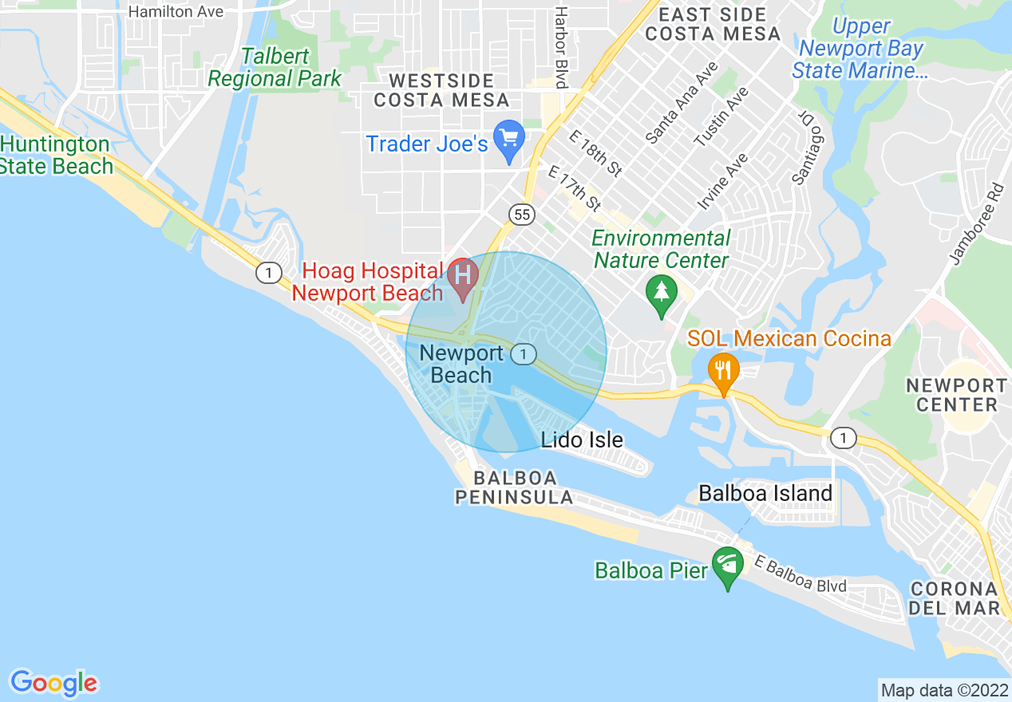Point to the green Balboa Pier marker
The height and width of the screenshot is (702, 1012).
click(x=727, y=566)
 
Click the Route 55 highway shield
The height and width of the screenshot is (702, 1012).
click(x=522, y=214)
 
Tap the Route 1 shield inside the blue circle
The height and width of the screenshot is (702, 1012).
click(x=524, y=354)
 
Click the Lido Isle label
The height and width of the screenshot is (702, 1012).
click(x=582, y=440)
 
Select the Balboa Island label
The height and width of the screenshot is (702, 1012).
click(x=765, y=494)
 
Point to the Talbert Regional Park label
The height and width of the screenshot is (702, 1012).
click(x=274, y=68)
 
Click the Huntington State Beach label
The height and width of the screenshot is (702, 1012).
click(x=55, y=156)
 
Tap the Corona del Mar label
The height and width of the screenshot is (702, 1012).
click(x=954, y=598)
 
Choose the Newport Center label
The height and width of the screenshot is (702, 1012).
click(x=956, y=395)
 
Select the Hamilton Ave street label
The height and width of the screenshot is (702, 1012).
click(x=176, y=12)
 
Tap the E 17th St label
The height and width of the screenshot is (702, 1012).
click(x=574, y=188)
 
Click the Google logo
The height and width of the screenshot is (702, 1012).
click(x=53, y=683)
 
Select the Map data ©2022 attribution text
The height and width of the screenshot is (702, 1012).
click(x=944, y=689)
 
